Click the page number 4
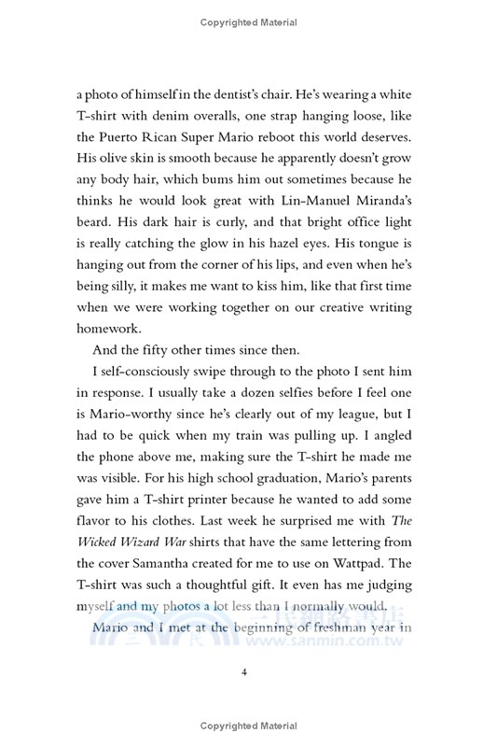249,669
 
